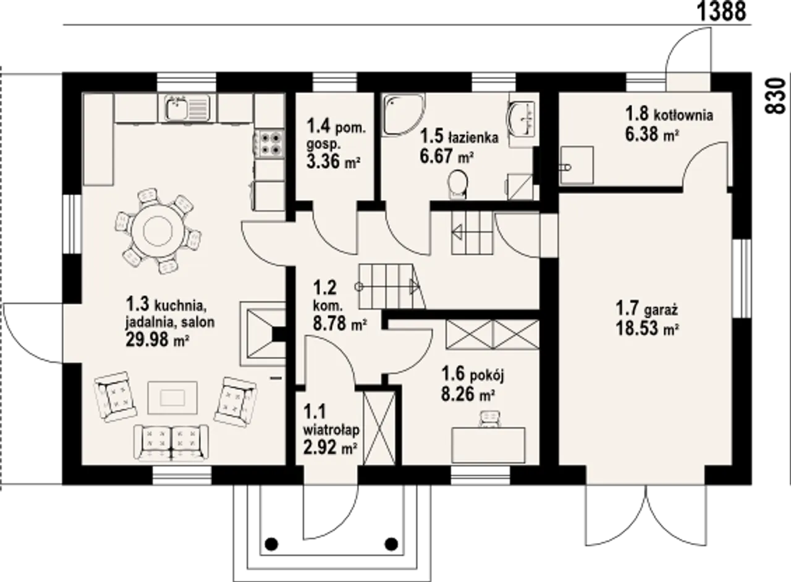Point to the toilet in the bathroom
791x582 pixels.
458,184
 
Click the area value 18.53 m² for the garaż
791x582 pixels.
648,329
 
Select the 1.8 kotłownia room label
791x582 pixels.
669,114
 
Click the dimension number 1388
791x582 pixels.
722,11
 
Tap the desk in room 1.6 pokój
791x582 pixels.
489,445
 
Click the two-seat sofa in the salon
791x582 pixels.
171,442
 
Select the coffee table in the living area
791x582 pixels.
172,398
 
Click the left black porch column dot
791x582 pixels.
271,544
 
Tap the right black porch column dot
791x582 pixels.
391,544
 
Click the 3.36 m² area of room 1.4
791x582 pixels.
333,162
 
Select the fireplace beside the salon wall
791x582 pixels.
263,334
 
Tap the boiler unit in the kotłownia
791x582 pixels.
577,166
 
